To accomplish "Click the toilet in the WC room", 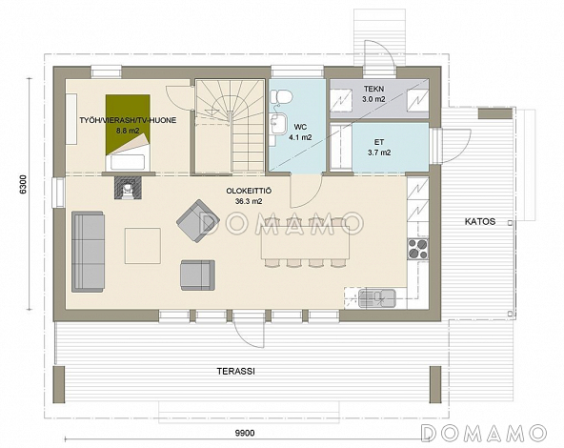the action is point(280,97).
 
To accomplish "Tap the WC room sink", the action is point(278,123).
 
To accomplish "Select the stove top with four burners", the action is point(418,249).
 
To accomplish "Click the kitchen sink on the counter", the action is point(376,298).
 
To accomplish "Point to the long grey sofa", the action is point(88,252).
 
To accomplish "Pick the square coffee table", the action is point(143,246).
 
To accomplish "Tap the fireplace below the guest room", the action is point(128,188).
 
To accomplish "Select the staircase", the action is point(231,126).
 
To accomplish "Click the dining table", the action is point(306,242).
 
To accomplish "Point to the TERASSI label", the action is point(236,372).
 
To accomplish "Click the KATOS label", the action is point(480,221).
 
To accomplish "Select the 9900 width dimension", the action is point(245,433).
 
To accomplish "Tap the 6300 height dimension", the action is point(23,184).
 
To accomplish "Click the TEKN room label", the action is point(373,89).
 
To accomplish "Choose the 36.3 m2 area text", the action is point(249,201).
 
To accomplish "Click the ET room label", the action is point(379,142).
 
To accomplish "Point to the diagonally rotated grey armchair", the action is point(198,221).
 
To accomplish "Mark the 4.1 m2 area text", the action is point(300,137).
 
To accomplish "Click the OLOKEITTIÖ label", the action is point(249,191).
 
